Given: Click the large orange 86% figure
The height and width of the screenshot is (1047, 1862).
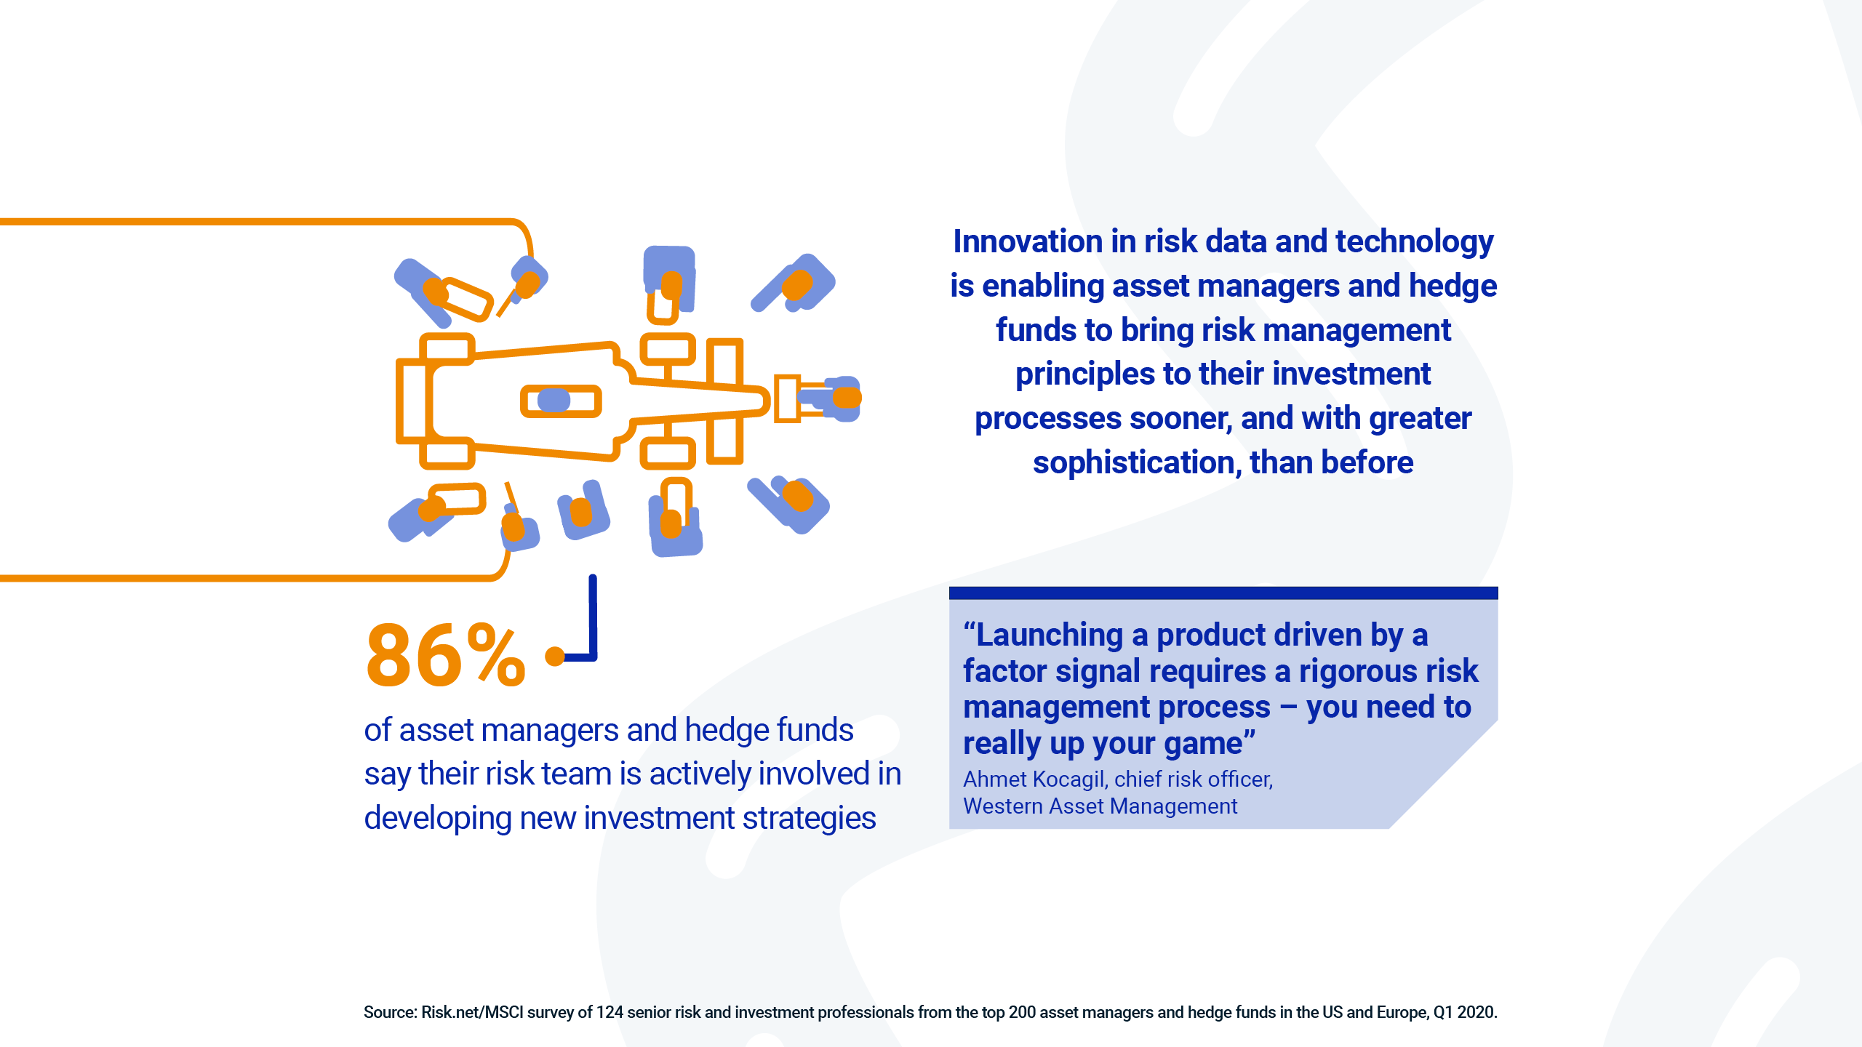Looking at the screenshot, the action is pyautogui.click(x=445, y=655).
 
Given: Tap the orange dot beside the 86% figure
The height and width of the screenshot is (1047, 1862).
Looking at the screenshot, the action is pyautogui.click(x=555, y=656).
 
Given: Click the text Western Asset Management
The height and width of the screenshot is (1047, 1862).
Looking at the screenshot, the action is pyautogui.click(x=1100, y=806).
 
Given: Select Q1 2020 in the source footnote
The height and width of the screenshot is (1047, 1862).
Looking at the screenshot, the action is pyautogui.click(x=1464, y=1012).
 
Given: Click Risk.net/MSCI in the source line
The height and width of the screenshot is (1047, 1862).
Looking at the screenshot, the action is pyautogui.click(x=472, y=1012).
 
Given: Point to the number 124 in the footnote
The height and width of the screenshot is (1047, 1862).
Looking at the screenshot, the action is pyautogui.click(x=610, y=1012).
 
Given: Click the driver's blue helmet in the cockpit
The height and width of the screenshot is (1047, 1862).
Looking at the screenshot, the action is pyautogui.click(x=554, y=401).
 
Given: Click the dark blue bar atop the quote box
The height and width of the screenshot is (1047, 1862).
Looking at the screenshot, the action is pyautogui.click(x=1223, y=593).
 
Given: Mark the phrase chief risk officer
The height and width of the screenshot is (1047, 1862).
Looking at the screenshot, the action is pyautogui.click(x=1194, y=779).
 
